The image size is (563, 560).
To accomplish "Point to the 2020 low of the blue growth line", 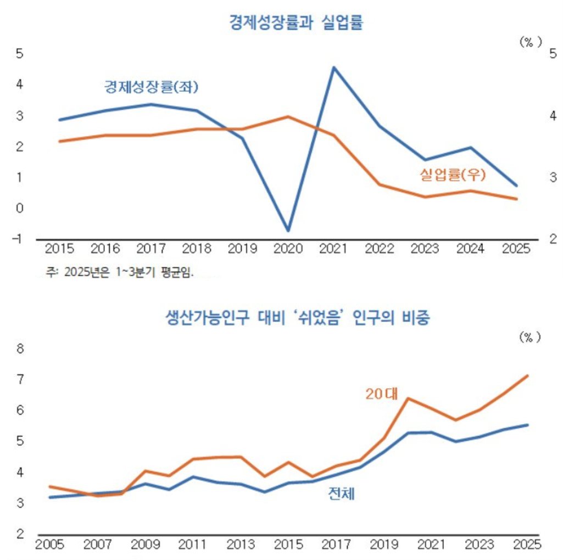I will click(288, 230).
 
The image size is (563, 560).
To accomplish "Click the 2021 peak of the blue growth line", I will click(333, 68).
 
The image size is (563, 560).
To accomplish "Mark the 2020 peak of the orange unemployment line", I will click(288, 116).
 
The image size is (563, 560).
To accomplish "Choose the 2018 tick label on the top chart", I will click(197, 249).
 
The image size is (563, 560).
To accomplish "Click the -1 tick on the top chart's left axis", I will click(18, 239).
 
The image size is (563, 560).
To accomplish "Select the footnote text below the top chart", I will click(120, 272).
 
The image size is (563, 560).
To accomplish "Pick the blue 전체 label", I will click(341, 494).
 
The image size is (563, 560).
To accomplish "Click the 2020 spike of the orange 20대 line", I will click(408, 398).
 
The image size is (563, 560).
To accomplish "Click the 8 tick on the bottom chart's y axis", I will click(20, 349).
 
